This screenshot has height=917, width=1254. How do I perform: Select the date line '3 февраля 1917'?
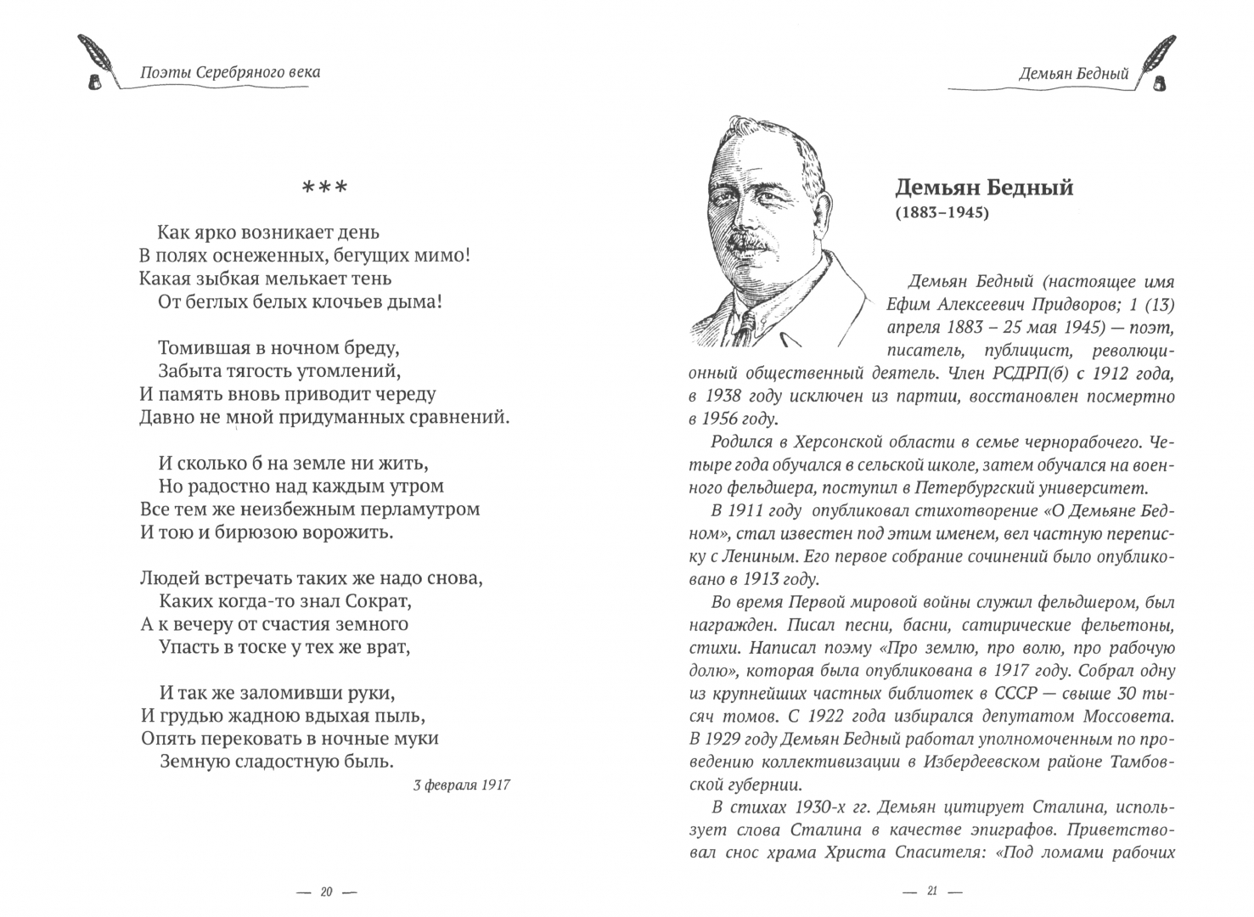(461, 785)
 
